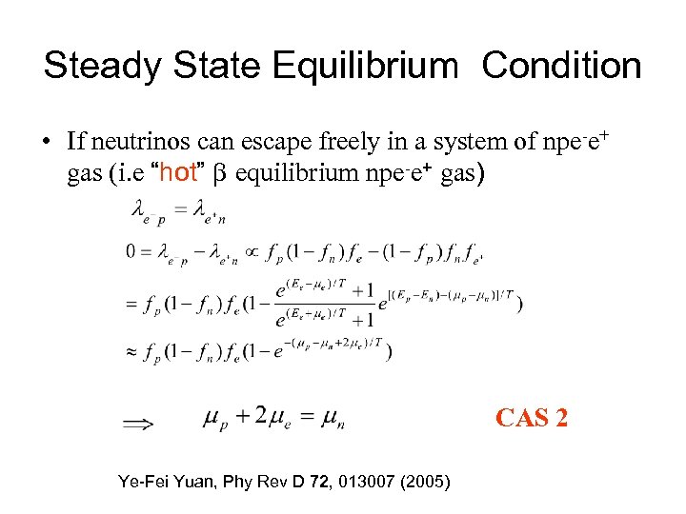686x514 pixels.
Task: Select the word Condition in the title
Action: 562,66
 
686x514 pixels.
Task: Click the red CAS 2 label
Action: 532,417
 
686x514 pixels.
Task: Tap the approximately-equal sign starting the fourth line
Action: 132,352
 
